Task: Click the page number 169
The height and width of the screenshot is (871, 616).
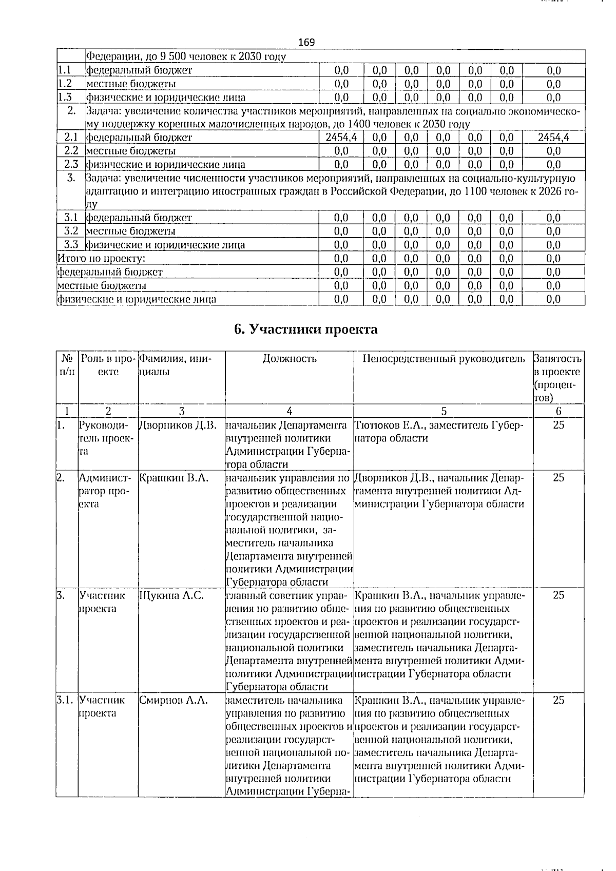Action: (x=306, y=42)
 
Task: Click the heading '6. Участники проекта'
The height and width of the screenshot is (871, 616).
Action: (x=305, y=330)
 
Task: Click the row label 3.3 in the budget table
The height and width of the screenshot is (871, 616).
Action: (x=71, y=245)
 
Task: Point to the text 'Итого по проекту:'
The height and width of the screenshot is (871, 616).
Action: (x=101, y=258)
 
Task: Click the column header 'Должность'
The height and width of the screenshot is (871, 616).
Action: (x=289, y=359)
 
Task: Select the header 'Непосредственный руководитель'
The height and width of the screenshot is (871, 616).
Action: (x=444, y=359)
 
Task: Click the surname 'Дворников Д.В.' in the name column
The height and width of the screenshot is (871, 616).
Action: (x=178, y=425)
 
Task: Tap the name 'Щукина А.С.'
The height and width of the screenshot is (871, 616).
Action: (x=171, y=595)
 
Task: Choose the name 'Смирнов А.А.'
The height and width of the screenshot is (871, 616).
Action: (x=173, y=700)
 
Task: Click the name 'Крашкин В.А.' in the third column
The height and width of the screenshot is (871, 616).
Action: (x=173, y=478)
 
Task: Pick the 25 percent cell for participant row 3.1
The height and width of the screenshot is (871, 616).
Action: (x=559, y=700)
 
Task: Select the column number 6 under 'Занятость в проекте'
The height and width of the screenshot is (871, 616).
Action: (x=559, y=411)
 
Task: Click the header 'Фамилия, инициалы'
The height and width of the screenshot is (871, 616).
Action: (x=175, y=365)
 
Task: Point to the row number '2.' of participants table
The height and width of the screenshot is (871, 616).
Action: (x=61, y=478)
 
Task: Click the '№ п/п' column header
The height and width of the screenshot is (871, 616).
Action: (x=67, y=365)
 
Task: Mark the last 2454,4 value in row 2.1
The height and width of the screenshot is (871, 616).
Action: (x=553, y=138)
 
